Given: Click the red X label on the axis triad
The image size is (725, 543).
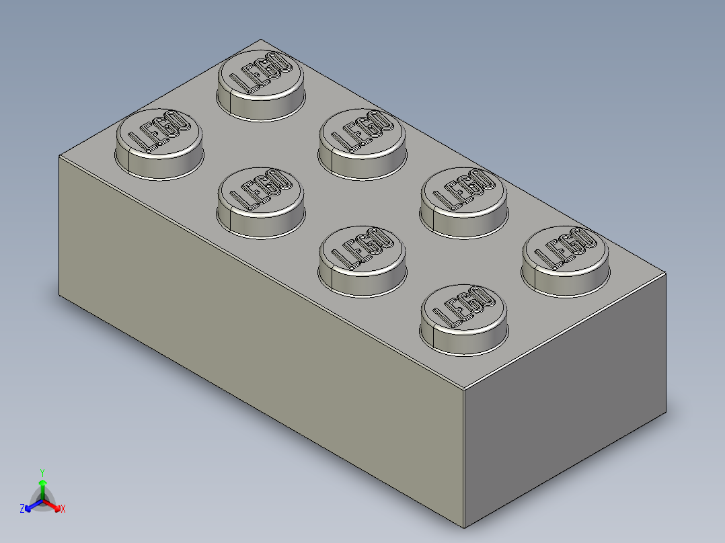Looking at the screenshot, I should (x=63, y=509).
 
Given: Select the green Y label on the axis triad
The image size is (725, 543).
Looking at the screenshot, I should (x=42, y=472).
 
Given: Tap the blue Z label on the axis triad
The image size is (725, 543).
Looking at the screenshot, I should (x=22, y=509).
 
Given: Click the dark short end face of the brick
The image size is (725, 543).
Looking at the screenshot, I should (x=565, y=403).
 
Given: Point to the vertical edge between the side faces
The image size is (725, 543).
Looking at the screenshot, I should (x=464, y=457).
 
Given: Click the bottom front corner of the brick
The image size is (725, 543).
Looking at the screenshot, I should (x=464, y=528).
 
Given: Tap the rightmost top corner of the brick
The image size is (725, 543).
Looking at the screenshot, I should (x=666, y=274).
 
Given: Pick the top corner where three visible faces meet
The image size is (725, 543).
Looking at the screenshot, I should (x=464, y=389).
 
